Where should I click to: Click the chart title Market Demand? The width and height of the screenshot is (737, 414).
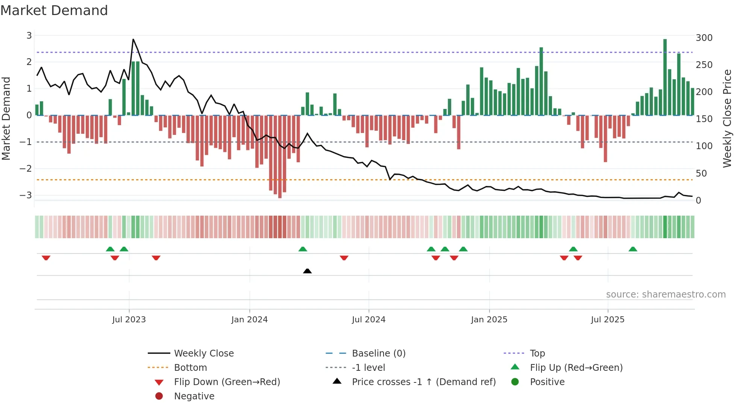[x=54, y=11]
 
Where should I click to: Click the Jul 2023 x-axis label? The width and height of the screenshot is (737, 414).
[x=129, y=319]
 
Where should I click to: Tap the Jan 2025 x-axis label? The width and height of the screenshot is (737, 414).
[x=489, y=319]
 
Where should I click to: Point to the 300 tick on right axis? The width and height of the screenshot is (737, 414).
[x=704, y=38]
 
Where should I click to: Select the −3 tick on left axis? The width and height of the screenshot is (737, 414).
[x=26, y=195]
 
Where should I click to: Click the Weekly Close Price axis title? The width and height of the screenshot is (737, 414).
[x=727, y=118]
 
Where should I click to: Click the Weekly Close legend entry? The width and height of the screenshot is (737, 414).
[x=203, y=353]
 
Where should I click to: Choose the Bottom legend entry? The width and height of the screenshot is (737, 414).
[x=190, y=367]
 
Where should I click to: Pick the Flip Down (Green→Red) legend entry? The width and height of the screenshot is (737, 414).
[x=227, y=382]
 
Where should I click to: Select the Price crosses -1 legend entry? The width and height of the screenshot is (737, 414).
[x=423, y=382]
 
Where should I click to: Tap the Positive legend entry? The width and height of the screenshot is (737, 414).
[x=547, y=382]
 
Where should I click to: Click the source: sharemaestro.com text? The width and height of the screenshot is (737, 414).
[x=666, y=294]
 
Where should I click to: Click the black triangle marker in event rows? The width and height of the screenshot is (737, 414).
[x=307, y=271]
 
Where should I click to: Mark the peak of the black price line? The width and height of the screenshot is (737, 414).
[x=133, y=39]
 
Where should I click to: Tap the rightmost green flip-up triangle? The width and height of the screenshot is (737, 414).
[x=633, y=249]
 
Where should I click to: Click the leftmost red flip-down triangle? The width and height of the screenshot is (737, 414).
[x=46, y=258]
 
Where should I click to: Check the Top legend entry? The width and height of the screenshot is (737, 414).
[x=537, y=353]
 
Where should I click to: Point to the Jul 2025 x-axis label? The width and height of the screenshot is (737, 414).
[x=607, y=319]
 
